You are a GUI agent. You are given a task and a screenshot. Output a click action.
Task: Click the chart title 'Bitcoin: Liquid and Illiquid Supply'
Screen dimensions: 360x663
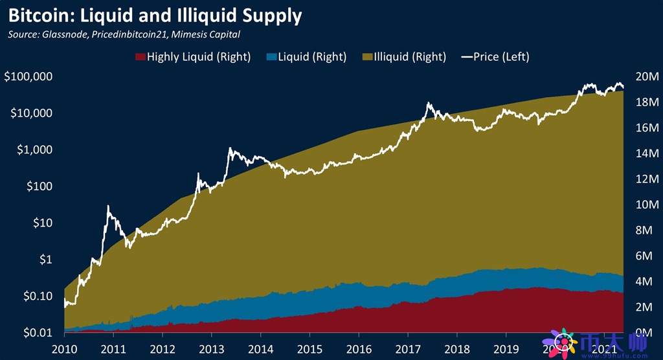point(155,15)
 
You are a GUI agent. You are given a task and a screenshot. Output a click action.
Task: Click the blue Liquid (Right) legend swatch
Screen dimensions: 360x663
point(270,57)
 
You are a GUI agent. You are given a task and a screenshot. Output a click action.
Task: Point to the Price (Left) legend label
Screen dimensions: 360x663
point(501,57)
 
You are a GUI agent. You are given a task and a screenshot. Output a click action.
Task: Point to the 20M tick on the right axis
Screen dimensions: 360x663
point(644,77)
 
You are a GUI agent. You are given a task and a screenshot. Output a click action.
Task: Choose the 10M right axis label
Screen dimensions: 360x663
point(644,205)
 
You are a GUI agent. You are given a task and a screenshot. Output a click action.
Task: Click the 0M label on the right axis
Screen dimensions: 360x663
point(646,332)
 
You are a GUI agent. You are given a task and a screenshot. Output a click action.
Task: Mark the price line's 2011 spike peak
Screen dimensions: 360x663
point(108,207)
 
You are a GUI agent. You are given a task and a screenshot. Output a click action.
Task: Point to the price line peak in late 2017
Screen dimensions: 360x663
point(429,103)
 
